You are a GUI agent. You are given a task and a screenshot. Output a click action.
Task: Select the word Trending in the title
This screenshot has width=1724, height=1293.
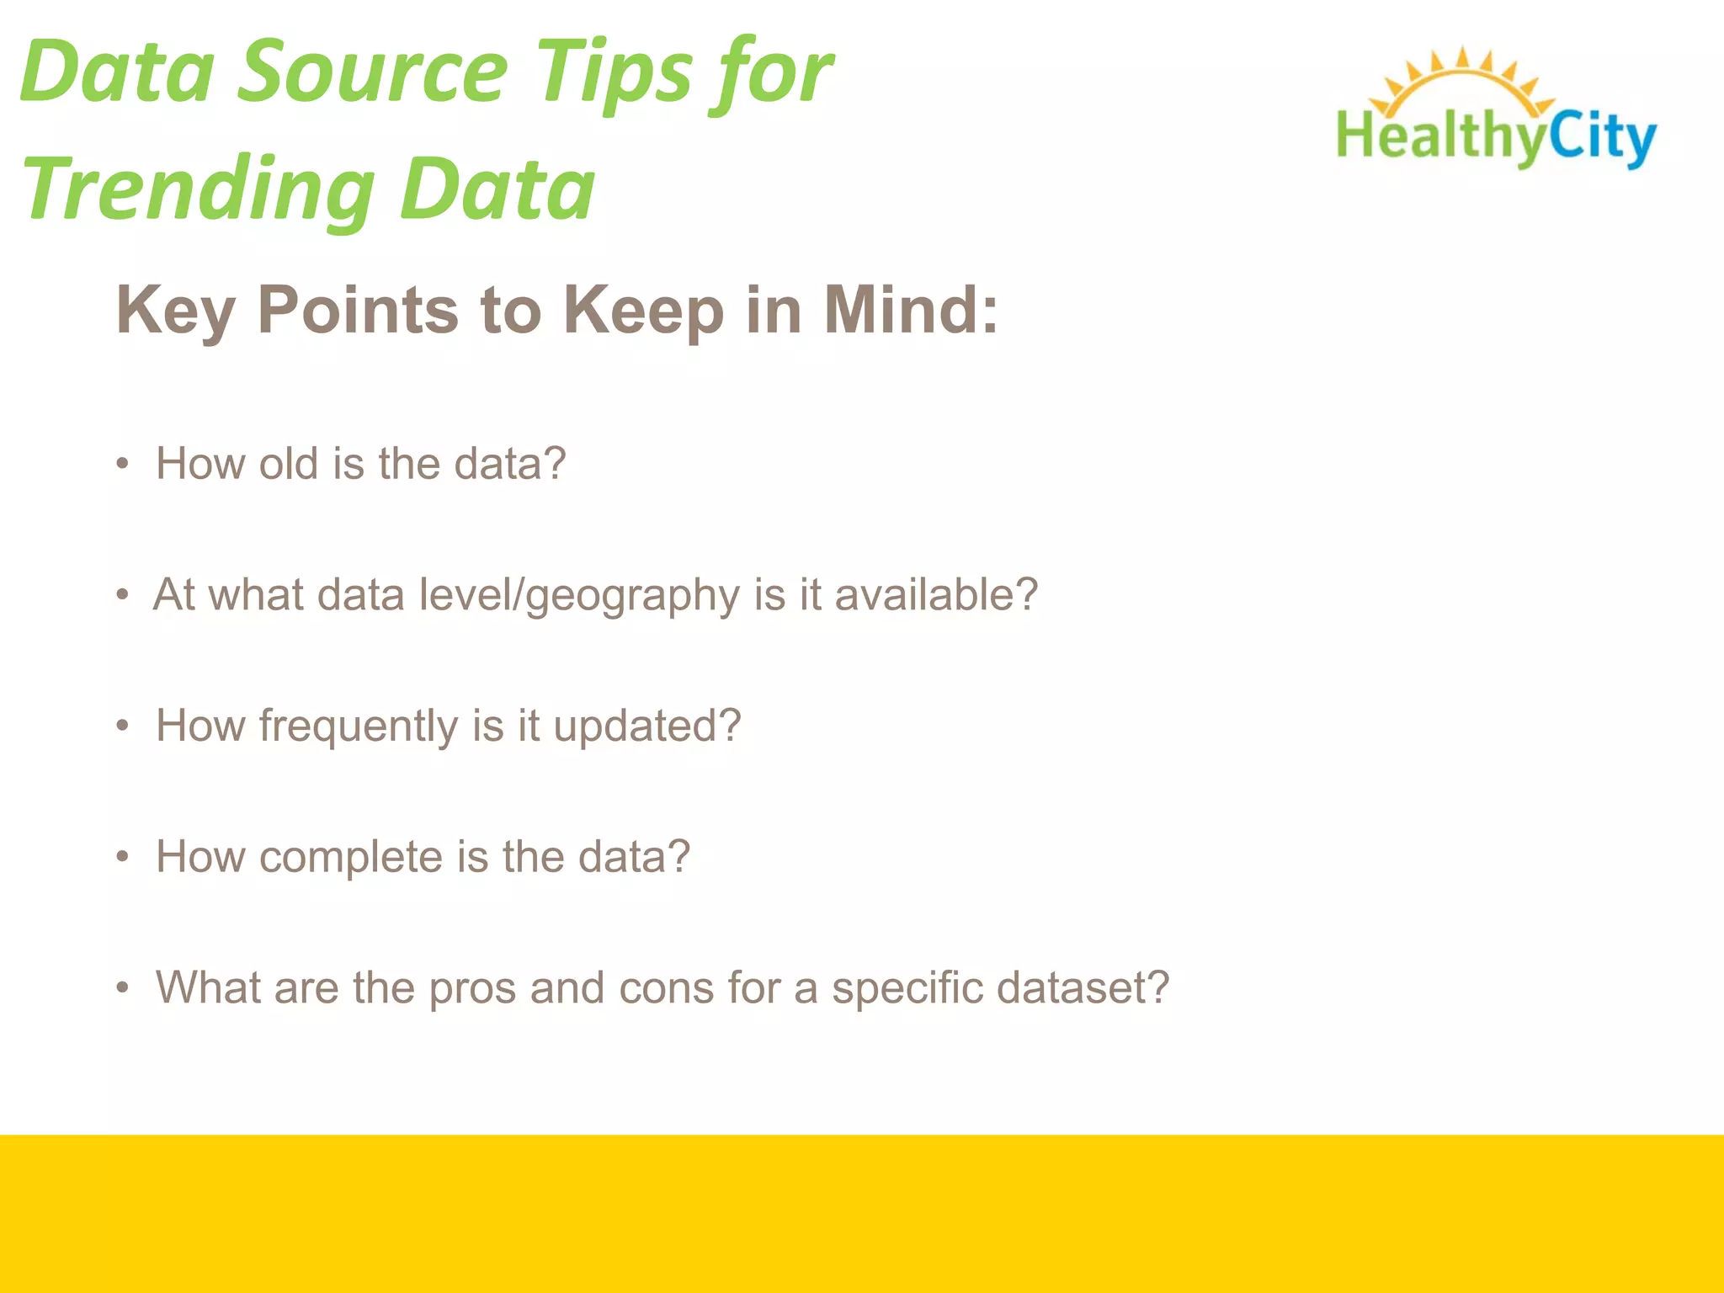[x=199, y=191]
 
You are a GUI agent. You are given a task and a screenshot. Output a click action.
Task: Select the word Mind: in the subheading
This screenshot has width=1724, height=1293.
[x=911, y=310]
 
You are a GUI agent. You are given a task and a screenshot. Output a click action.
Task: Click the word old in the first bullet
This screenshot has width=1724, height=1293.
[x=289, y=464]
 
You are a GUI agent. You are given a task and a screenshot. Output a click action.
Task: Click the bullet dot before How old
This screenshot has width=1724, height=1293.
[x=123, y=464]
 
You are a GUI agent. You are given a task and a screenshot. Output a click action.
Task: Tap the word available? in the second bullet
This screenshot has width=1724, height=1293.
[x=936, y=594]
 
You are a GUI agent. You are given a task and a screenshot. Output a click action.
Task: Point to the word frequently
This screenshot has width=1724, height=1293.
[x=358, y=726]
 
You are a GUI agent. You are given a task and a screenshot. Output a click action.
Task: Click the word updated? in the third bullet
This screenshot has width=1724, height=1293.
[x=646, y=726]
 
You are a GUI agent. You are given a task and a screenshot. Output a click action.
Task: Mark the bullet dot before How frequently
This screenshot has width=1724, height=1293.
[x=123, y=726]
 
